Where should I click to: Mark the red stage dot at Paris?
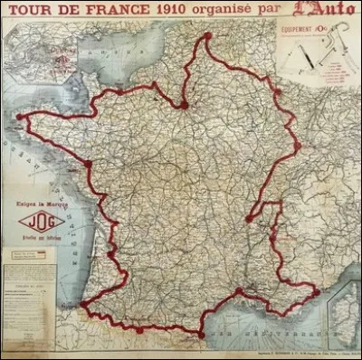(x=184, y=105)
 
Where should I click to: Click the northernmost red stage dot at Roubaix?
(x=207, y=36)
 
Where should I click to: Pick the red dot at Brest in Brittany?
(x=19, y=117)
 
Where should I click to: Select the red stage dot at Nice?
(x=315, y=291)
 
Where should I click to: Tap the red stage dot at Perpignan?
(x=201, y=334)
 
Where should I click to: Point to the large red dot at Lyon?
(x=250, y=218)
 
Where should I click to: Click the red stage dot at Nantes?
(x=88, y=163)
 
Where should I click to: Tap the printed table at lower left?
(x=27, y=298)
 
